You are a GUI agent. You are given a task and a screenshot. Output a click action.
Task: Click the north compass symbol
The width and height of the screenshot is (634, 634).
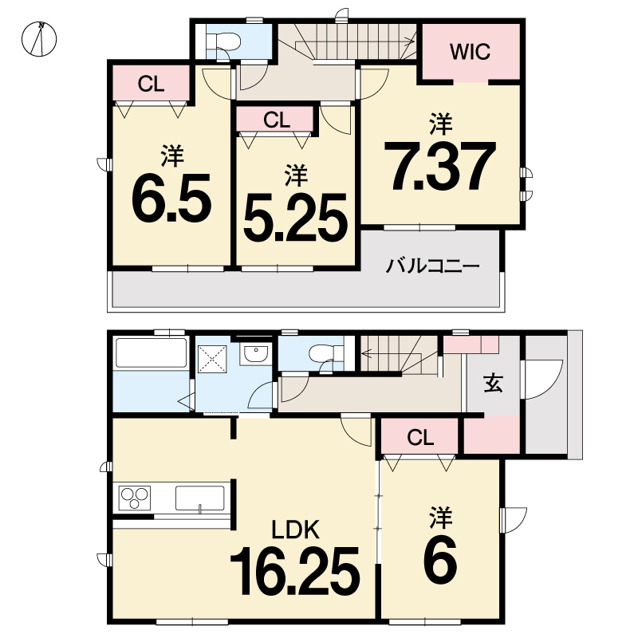39,39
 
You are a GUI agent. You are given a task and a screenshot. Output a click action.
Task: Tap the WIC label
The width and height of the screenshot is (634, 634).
470,51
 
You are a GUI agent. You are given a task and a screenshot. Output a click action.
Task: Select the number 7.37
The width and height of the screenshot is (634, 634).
440,166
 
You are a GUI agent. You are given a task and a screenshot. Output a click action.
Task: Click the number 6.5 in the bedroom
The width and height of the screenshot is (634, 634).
171,198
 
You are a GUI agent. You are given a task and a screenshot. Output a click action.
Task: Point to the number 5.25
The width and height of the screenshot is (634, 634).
296,217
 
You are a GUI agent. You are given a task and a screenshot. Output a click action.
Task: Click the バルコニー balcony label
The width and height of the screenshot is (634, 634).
432,266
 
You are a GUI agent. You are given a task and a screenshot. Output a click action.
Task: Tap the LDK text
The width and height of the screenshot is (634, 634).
296,530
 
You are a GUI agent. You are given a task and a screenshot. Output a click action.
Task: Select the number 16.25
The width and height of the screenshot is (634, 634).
295,571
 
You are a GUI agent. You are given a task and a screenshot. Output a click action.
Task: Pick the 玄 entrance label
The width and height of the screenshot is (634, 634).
494,383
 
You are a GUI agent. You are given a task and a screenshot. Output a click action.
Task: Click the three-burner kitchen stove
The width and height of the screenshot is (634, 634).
135,498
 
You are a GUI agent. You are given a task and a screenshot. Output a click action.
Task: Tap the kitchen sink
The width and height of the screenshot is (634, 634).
199,498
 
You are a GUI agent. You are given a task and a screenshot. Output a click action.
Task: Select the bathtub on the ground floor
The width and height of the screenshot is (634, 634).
152,353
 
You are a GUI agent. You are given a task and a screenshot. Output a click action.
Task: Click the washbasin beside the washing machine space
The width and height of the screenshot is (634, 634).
255,354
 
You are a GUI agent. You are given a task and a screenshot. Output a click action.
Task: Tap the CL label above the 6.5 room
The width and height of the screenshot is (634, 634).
151,84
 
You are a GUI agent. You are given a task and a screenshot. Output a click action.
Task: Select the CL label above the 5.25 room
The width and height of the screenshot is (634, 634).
277,120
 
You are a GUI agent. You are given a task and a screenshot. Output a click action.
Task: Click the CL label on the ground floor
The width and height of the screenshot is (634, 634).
420,437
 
